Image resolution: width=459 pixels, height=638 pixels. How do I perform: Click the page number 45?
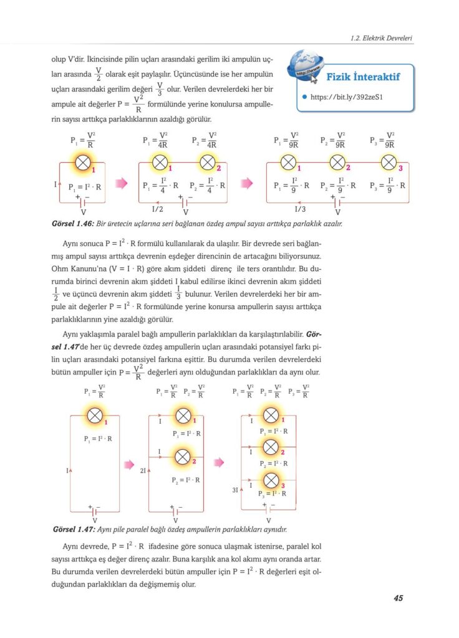point(398,598)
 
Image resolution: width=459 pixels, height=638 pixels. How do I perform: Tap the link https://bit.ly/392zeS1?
point(345,97)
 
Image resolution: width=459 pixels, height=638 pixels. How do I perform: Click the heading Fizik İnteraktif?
point(363,77)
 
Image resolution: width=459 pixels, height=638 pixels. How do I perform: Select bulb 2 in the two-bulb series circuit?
point(207,163)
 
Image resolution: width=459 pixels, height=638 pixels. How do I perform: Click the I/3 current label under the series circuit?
point(300,209)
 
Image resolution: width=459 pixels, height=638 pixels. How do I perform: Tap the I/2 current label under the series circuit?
point(158,209)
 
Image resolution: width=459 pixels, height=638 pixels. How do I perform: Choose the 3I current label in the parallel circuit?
point(235,490)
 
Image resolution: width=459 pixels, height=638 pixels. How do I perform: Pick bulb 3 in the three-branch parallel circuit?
point(270,480)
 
